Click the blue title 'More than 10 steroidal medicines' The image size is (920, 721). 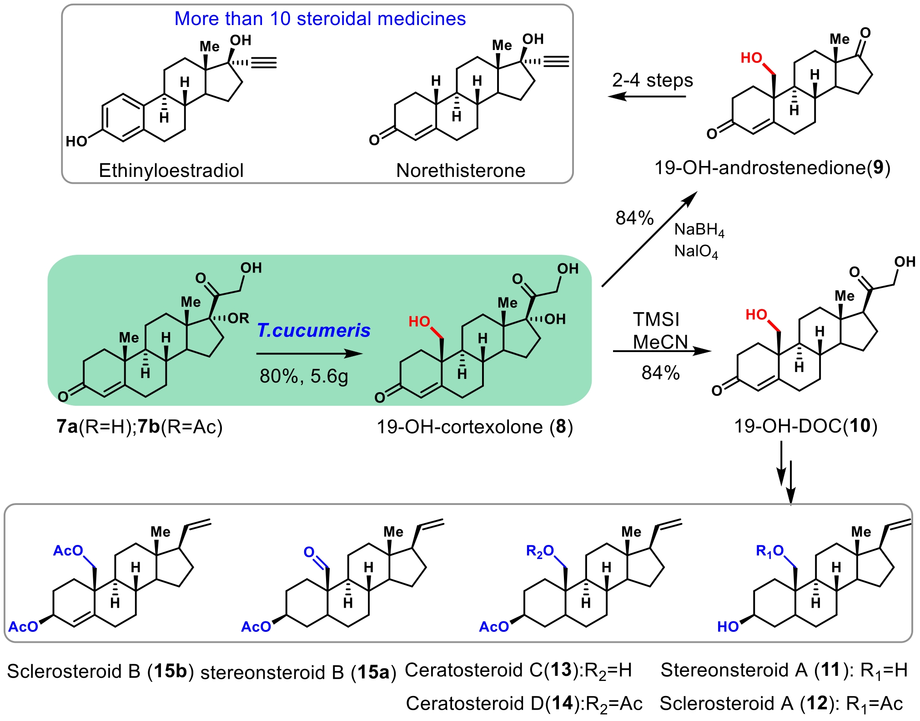pyautogui.click(x=320, y=19)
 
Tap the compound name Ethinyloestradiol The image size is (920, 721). pyautogui.click(x=171, y=171)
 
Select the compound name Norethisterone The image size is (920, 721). pyautogui.click(x=460, y=171)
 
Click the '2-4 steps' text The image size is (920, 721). pyautogui.click(x=652, y=81)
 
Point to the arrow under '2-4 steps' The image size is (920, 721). pyautogui.click(x=647, y=96)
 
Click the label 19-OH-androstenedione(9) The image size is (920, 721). pyautogui.click(x=772, y=168)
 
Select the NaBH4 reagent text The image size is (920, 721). pyautogui.click(x=699, y=230)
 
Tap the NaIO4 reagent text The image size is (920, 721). pyautogui.click(x=696, y=251)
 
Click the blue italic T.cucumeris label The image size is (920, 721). pyautogui.click(x=313, y=331)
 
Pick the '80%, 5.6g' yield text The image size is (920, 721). pyautogui.click(x=304, y=376)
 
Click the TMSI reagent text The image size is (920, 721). pyautogui.click(x=656, y=319)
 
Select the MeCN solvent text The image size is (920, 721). pyautogui.click(x=660, y=342)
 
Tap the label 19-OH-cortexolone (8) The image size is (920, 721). pyautogui.click(x=474, y=427)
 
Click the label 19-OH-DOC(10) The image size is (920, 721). pyautogui.click(x=805, y=426)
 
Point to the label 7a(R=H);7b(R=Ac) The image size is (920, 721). pyautogui.click(x=140, y=427)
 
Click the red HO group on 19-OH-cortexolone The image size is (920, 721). pyautogui.click(x=419, y=322)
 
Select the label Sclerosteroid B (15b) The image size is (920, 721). pyautogui.click(x=101, y=671)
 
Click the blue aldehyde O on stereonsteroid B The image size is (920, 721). pyautogui.click(x=309, y=552)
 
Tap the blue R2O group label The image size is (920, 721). pyautogui.click(x=539, y=551)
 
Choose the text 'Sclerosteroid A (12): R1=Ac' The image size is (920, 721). pyautogui.click(x=781, y=704)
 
